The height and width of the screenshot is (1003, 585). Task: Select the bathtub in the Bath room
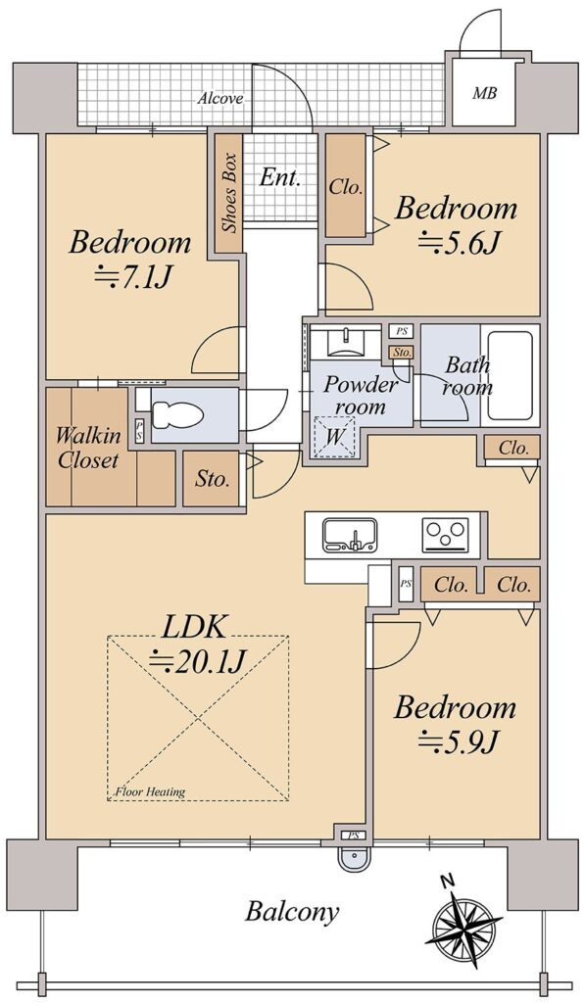(x=511, y=375)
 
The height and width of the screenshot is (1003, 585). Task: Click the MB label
(x=484, y=93)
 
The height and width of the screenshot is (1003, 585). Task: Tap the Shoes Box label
(x=229, y=193)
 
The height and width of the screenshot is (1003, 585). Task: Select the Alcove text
(x=220, y=99)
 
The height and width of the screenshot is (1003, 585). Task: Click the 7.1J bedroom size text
(x=130, y=277)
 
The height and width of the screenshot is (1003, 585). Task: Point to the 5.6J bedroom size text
(x=457, y=243)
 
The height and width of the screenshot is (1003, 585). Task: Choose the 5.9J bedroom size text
(x=457, y=742)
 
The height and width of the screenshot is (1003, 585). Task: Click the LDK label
(x=193, y=628)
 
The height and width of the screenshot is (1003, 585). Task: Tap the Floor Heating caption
(x=149, y=791)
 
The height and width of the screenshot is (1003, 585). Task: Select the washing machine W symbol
(x=333, y=437)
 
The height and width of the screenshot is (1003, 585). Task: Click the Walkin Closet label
(x=87, y=448)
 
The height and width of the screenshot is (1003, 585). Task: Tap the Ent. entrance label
(x=279, y=178)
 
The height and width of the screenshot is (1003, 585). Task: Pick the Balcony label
(x=292, y=912)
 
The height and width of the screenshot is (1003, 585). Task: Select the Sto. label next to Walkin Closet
(x=213, y=479)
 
